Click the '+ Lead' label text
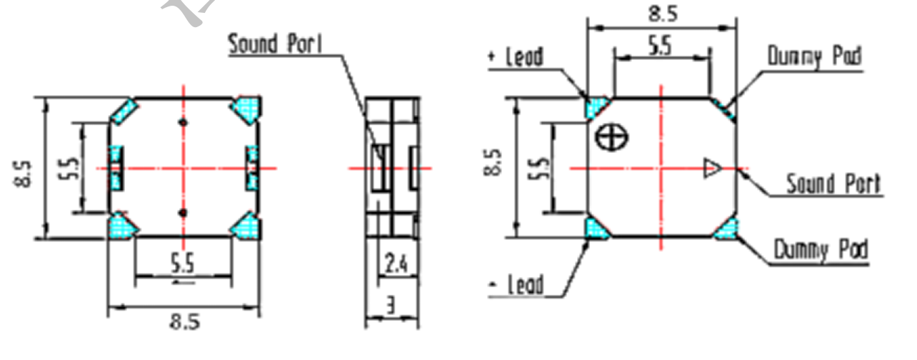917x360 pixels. click(516, 56)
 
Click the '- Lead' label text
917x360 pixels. click(516, 284)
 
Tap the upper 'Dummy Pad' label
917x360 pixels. click(814, 56)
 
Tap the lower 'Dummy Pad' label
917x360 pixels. click(821, 250)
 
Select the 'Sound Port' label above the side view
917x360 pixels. click(275, 44)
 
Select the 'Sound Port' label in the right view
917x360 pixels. click(833, 184)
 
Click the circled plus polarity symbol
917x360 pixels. click(611, 137)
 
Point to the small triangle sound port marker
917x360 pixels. click(712, 169)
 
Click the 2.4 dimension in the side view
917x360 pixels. click(396, 264)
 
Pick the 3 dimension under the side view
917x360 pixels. click(391, 305)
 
